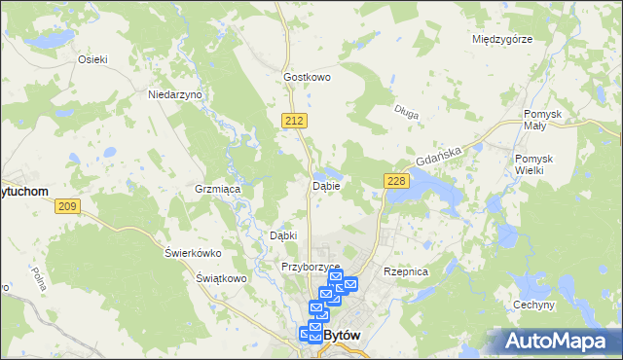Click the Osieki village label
point(92,58)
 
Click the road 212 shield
point(297,120)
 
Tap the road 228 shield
point(395,181)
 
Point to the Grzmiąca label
point(217,189)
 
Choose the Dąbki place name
point(282,235)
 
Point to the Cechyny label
point(535,305)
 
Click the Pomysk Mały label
point(543,120)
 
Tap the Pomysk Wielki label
point(535,164)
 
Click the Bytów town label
point(342,335)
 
